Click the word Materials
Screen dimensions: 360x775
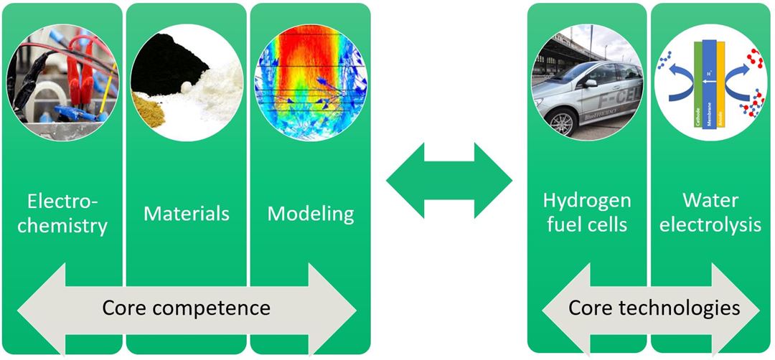tap(187, 213)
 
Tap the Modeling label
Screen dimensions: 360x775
tap(311, 213)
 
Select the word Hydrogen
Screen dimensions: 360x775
tap(587, 199)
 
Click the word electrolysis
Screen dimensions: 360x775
tap(710, 225)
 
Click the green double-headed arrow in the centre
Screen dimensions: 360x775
tap(449, 179)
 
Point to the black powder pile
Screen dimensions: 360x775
tap(165, 65)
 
